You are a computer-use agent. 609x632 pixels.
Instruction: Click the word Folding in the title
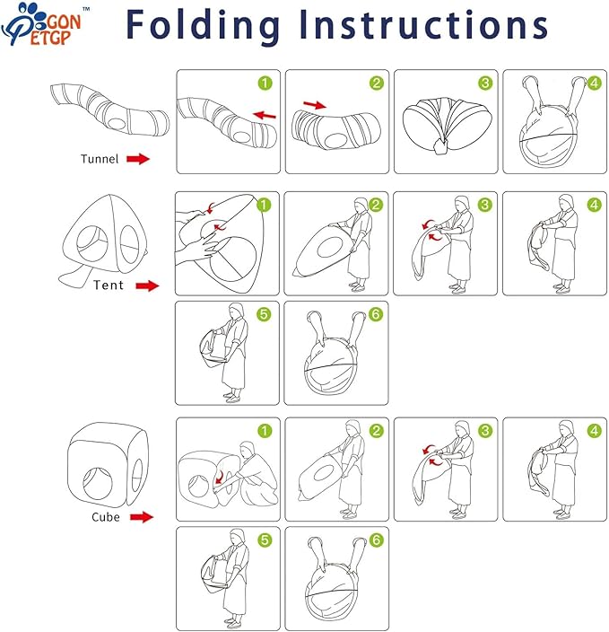pos(203,25)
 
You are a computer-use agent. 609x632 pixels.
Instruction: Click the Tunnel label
pos(100,159)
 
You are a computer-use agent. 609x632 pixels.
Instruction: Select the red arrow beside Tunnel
pos(138,159)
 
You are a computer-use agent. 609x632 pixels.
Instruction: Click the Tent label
pos(109,285)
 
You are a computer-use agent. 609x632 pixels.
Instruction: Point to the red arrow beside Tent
pos(147,285)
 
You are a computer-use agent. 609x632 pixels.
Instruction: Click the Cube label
pos(106,517)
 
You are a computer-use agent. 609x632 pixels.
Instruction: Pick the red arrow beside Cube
pos(142,517)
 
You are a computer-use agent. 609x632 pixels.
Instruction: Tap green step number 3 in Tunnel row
pos(485,83)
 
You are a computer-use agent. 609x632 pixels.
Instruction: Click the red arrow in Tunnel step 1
pos(265,115)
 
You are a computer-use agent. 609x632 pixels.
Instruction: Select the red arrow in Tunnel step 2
pos(315,105)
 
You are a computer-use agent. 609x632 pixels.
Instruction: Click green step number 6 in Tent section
pos(376,314)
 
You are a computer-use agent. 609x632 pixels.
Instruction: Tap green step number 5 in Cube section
pos(265,540)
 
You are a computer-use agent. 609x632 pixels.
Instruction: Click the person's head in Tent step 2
pos(361,206)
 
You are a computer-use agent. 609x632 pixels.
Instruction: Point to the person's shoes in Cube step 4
pos(561,513)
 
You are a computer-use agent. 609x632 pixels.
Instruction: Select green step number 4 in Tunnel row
pos(594,83)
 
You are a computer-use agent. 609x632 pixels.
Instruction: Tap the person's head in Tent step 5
pos(237,312)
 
